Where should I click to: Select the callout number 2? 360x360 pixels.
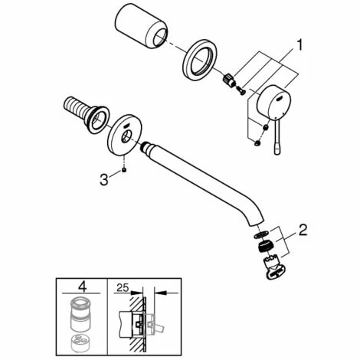303,229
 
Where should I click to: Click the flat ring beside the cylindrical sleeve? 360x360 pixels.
201,59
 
